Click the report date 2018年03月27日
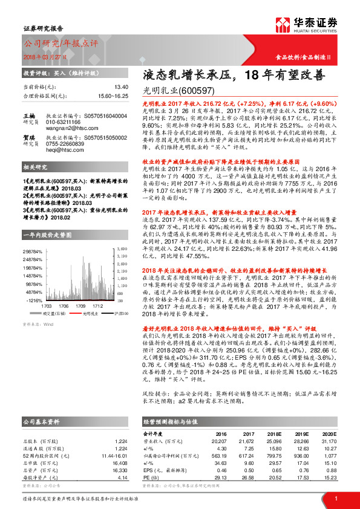tap(45, 56)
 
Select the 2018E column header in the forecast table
tap(275, 433)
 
